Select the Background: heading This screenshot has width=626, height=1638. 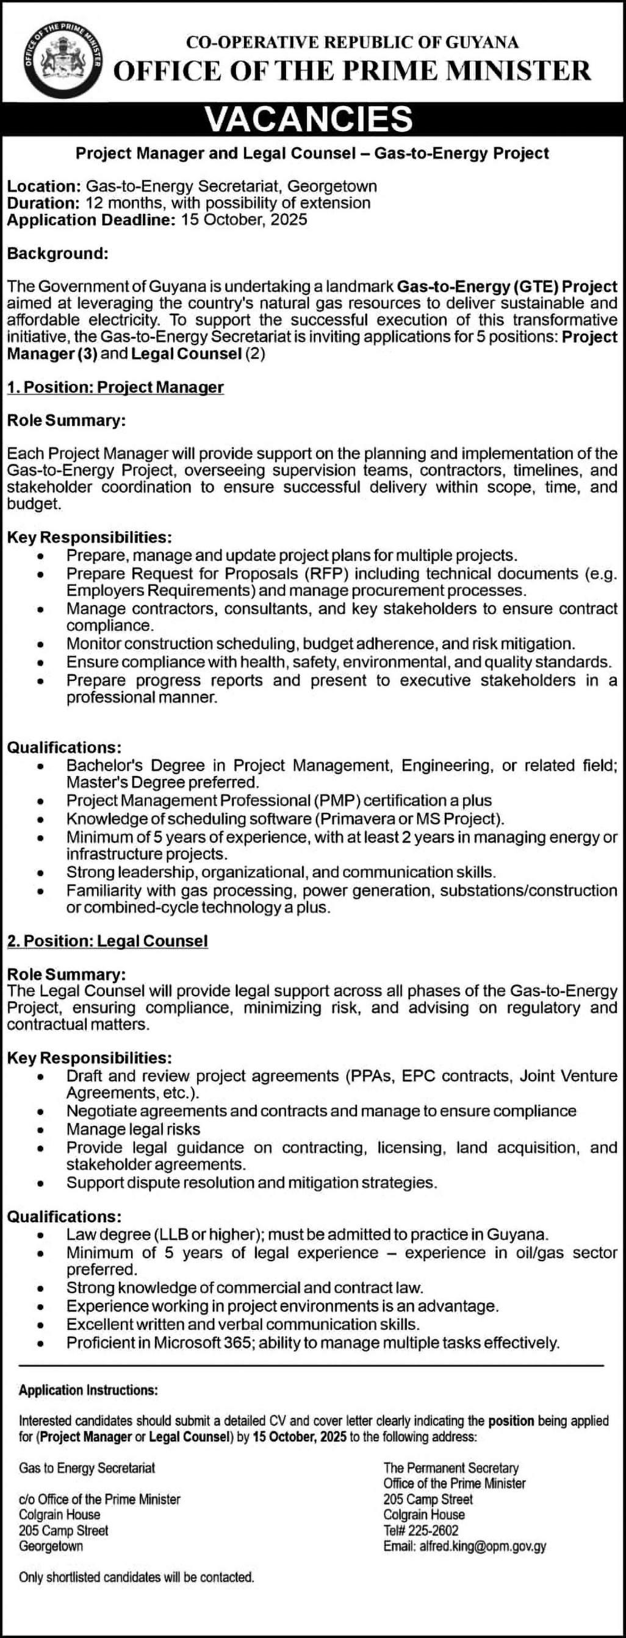[x=58, y=254]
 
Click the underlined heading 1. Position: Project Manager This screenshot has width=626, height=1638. [x=115, y=387]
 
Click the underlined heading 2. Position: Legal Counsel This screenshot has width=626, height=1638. [x=107, y=941]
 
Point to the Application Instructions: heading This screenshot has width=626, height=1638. [x=88, y=1391]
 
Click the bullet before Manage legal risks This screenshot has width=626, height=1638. [x=41, y=1130]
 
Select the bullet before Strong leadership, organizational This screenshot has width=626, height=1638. [x=41, y=873]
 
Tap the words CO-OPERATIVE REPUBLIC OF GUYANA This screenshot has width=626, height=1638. [x=352, y=43]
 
